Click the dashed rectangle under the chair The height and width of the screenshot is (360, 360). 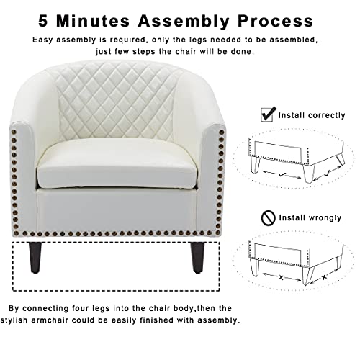coord(108,266)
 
